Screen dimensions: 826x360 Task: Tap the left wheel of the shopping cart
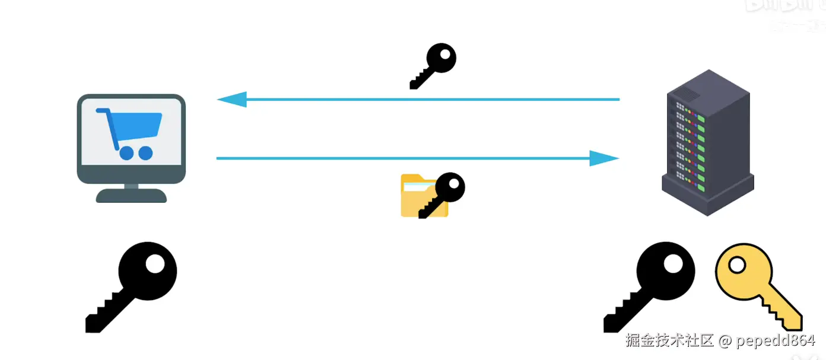(126, 153)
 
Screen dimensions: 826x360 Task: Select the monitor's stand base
(131, 196)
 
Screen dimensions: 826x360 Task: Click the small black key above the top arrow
(434, 65)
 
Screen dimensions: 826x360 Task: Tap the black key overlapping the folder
(443, 194)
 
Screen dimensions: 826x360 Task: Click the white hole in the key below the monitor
(155, 264)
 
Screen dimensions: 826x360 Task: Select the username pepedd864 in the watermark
(776, 341)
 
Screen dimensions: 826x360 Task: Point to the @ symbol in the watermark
(725, 341)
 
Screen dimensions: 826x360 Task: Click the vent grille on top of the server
(688, 93)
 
